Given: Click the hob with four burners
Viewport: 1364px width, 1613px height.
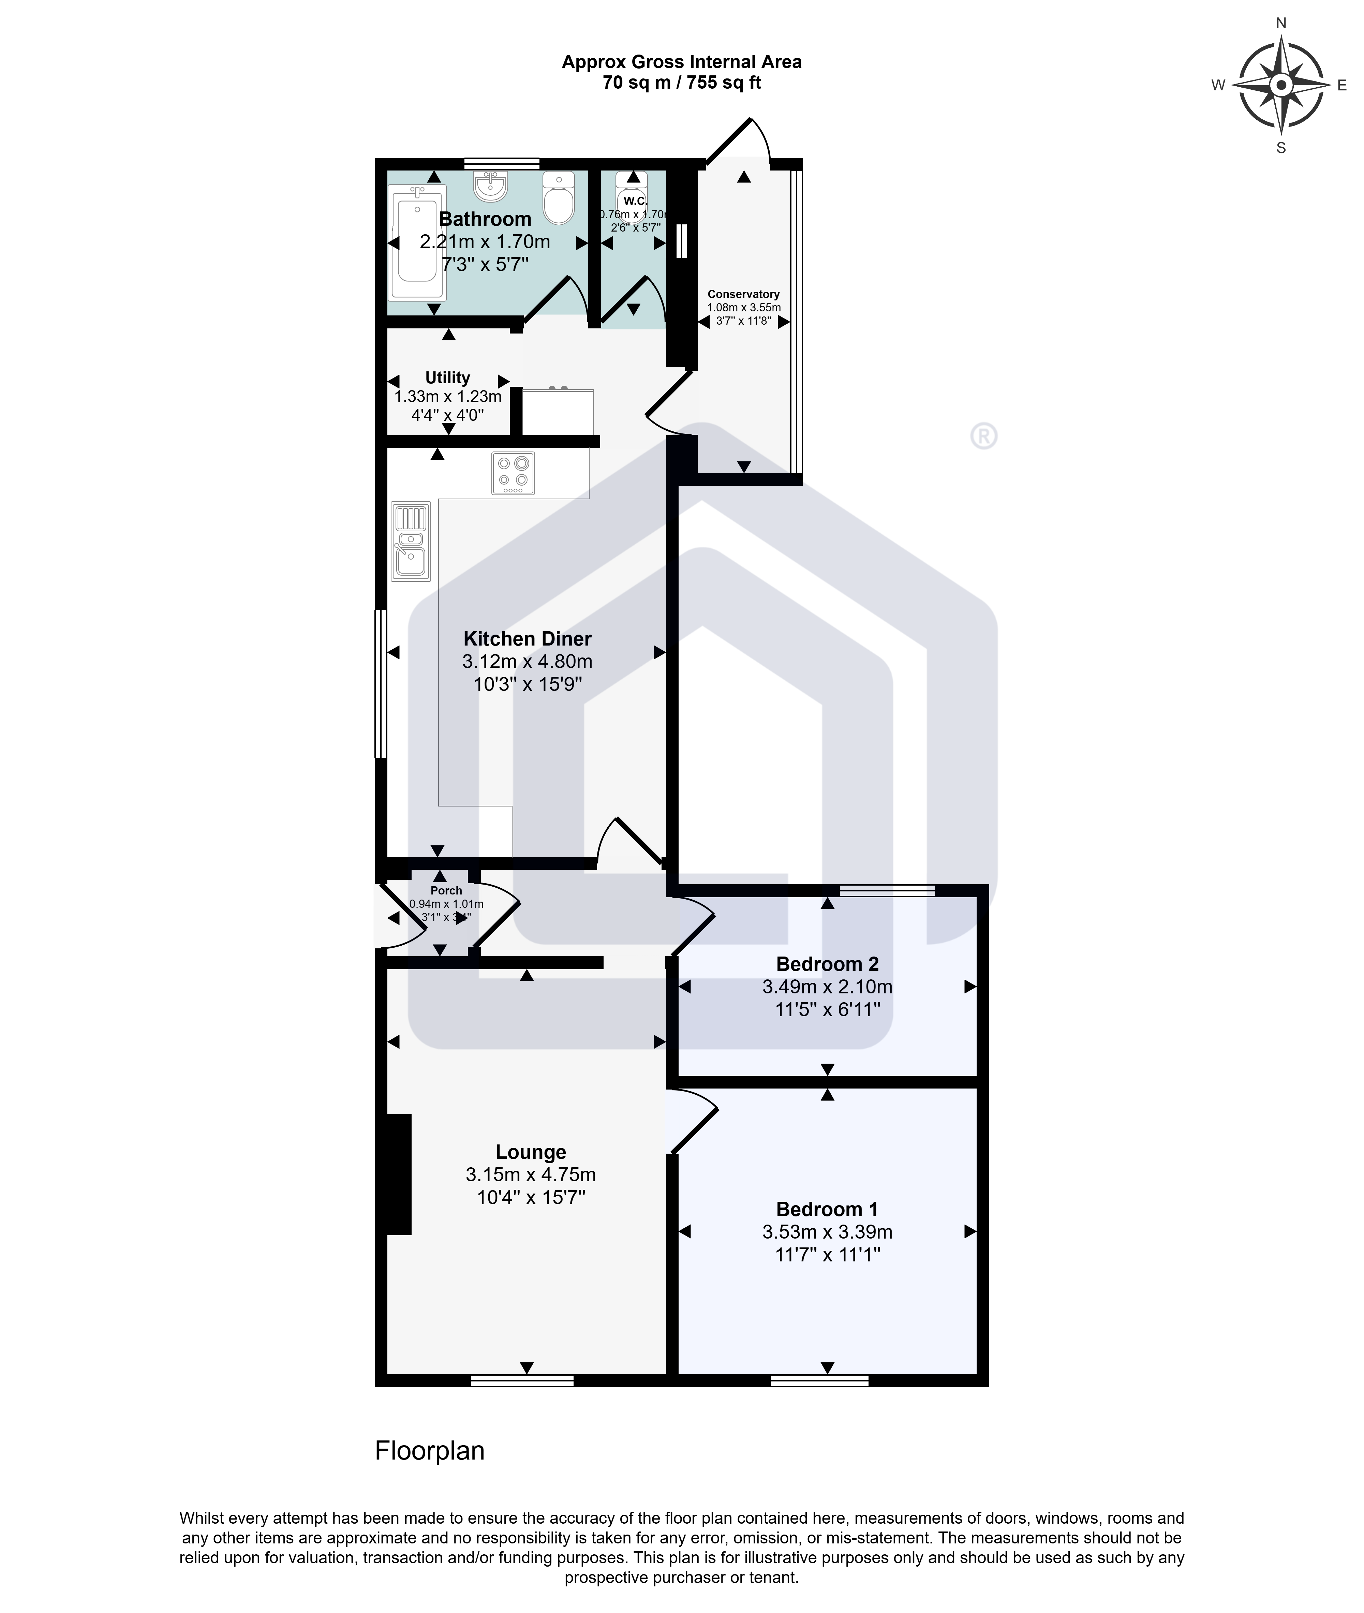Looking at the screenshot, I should click(513, 472).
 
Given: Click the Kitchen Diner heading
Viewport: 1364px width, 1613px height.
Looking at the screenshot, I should click(527, 639).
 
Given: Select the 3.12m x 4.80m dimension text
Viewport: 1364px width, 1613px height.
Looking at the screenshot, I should click(527, 662).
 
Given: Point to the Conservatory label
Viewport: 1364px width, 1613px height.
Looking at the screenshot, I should click(743, 294).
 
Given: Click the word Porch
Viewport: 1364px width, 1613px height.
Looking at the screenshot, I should click(446, 891).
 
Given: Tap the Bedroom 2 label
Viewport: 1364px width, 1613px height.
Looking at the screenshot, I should click(827, 964).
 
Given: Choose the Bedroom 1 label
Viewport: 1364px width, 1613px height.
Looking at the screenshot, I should click(827, 1209).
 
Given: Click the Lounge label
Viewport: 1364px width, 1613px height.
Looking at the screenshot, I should click(531, 1152).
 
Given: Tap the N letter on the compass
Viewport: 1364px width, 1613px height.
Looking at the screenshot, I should click(1280, 23).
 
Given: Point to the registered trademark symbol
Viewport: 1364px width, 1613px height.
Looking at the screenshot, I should click(983, 436).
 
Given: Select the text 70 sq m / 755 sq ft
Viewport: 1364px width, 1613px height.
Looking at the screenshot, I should click(681, 83).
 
